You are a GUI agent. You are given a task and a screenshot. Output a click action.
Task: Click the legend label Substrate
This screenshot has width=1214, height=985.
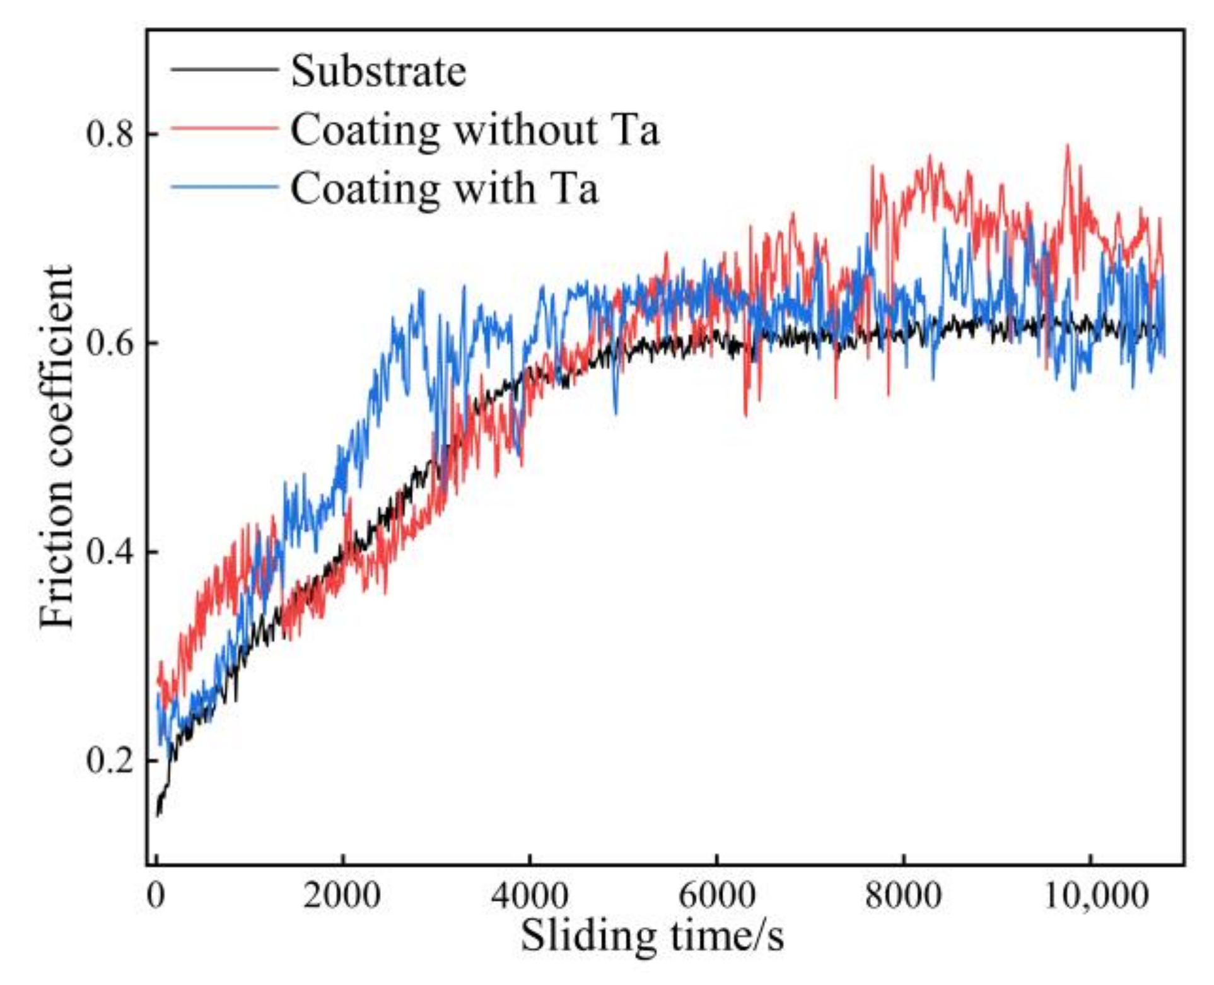[x=378, y=71]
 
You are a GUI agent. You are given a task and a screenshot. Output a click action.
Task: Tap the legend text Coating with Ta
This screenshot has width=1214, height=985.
[x=443, y=188]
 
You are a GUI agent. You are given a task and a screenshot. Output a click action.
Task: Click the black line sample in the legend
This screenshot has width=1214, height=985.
[x=224, y=69]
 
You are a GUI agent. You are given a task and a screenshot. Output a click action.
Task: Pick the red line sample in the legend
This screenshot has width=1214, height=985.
[x=224, y=128]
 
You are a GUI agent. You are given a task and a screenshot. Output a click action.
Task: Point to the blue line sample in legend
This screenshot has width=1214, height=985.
[x=224, y=187]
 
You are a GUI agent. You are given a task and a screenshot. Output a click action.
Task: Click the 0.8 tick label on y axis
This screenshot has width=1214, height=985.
[x=110, y=134]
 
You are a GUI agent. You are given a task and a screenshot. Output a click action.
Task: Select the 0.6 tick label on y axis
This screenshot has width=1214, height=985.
[x=110, y=343]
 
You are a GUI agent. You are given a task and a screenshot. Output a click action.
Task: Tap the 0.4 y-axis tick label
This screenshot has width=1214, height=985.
[x=110, y=552]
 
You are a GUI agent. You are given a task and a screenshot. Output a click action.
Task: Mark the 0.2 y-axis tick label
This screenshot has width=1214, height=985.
[x=110, y=761]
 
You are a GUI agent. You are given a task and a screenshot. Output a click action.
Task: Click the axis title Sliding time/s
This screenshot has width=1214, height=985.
[x=652, y=935]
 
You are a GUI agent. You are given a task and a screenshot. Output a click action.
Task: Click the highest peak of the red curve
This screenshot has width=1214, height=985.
[x=1067, y=146]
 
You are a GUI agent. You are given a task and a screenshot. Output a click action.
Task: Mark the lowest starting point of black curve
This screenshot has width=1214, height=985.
[x=158, y=815]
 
